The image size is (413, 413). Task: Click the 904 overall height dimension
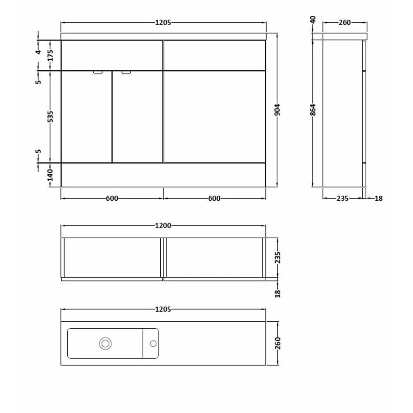(277, 110)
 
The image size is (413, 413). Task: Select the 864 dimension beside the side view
(313, 110)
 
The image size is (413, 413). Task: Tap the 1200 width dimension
(163, 225)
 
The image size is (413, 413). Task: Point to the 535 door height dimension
(50, 117)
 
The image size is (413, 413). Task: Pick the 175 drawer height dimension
(50, 55)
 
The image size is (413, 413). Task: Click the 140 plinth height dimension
(50, 175)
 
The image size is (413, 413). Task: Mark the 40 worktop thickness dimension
(313, 20)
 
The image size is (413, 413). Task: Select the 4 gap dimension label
(38, 52)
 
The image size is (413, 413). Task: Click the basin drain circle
(105, 344)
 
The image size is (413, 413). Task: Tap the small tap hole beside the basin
(153, 344)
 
